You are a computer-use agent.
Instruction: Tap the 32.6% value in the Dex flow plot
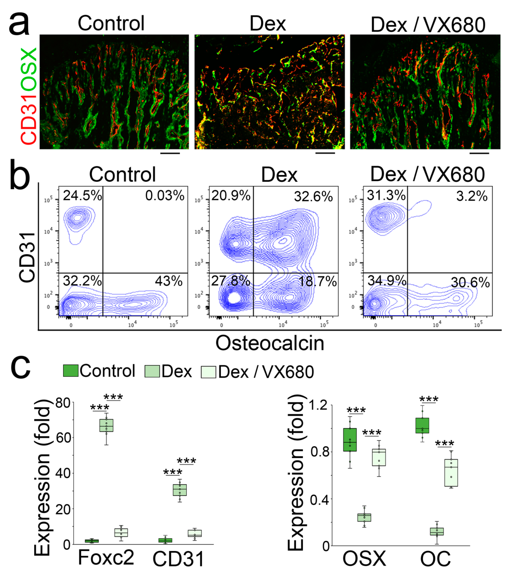click(x=313, y=196)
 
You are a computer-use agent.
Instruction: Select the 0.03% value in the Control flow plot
click(x=165, y=195)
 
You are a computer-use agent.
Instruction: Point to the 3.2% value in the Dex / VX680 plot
click(x=472, y=196)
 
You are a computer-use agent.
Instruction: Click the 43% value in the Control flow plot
click(x=168, y=281)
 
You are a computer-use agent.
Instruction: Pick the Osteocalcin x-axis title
click(x=270, y=343)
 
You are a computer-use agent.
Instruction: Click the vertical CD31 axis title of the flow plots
click(x=27, y=258)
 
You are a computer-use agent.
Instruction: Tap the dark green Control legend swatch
click(x=71, y=370)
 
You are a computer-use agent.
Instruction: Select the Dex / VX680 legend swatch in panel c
click(x=208, y=372)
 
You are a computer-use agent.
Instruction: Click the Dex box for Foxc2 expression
click(x=106, y=425)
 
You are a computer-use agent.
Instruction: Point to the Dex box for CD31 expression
click(x=179, y=490)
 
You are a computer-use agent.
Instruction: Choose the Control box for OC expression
click(x=422, y=425)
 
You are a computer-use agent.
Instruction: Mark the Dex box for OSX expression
click(x=364, y=517)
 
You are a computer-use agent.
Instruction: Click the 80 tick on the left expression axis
click(x=63, y=403)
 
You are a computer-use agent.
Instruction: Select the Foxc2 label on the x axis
click(x=106, y=557)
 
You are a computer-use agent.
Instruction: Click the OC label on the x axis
click(x=435, y=559)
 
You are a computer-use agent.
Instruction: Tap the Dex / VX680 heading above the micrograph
click(x=428, y=25)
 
